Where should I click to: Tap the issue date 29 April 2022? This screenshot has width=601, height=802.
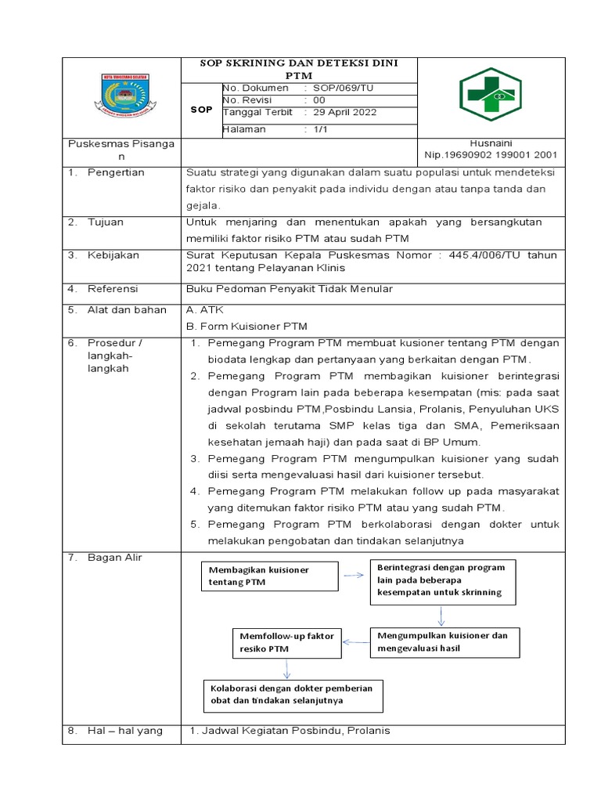coord(345,112)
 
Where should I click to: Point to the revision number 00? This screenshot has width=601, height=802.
coord(319,100)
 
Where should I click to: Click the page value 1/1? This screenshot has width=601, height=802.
coord(320,130)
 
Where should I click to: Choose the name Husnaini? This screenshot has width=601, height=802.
coord(490,143)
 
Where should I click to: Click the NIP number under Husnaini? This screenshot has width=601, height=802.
coord(491,155)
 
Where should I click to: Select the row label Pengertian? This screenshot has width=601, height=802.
coord(117,172)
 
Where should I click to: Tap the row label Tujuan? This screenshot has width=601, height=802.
coord(106,222)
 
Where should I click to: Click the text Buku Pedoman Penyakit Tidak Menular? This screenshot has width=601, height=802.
coord(289,289)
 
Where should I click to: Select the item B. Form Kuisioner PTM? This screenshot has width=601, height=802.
coord(247,326)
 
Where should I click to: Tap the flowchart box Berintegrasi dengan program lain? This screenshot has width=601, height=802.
coord(442,580)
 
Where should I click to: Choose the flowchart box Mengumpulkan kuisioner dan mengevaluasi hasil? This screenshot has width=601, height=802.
coord(444,641)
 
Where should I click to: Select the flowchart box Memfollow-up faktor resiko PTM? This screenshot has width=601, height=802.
coord(286,642)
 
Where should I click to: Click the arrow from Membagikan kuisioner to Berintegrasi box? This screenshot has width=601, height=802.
coord(354,575)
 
